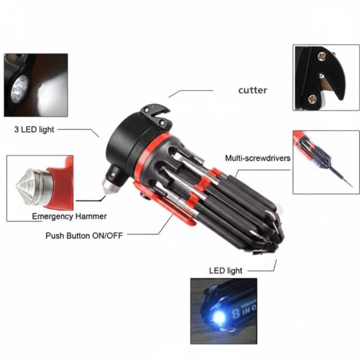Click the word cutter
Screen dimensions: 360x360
(x=253, y=90)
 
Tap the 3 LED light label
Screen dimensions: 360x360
(x=34, y=130)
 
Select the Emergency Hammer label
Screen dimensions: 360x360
(x=69, y=217)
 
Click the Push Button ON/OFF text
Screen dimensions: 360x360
(x=84, y=236)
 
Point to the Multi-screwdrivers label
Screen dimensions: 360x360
(x=258, y=158)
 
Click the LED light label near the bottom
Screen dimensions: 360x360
(x=226, y=271)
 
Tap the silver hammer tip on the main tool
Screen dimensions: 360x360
(x=108, y=187)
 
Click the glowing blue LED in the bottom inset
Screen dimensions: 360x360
(x=219, y=318)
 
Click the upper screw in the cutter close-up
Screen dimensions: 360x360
(x=322, y=57)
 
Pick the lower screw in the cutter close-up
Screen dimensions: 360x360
(x=312, y=99)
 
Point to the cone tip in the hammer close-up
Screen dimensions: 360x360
(x=25, y=186)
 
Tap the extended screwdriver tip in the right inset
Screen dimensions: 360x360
(x=342, y=177)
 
